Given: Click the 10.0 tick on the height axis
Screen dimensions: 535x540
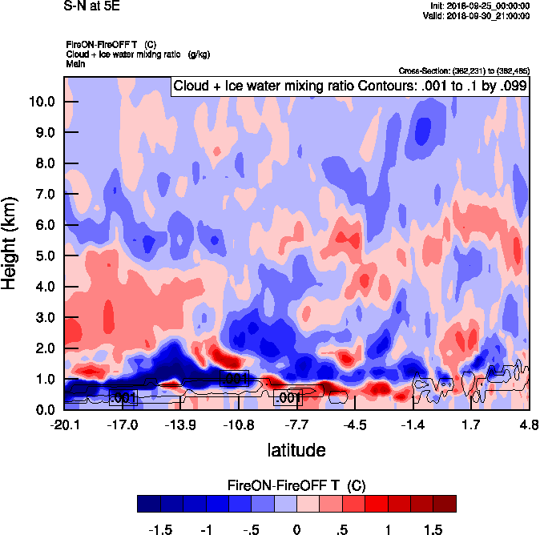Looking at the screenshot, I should point(42,102).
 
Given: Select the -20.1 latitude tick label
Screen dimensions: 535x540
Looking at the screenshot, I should point(64,424).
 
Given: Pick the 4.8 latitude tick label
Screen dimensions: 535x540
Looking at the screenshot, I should point(529,424).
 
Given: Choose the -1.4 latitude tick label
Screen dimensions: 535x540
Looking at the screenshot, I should point(413,424).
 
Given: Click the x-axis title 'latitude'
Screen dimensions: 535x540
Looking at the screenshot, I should point(296,450).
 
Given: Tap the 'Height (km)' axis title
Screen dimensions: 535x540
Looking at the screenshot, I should point(10,243).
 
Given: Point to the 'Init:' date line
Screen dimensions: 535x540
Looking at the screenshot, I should point(479,6).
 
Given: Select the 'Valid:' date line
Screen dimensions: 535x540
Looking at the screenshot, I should point(478,15).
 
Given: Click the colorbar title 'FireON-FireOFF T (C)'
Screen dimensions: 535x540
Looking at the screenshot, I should point(296,485).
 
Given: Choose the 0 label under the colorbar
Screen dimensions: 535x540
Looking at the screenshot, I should point(296,530).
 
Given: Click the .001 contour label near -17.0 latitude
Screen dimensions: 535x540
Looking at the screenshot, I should point(125,397).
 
